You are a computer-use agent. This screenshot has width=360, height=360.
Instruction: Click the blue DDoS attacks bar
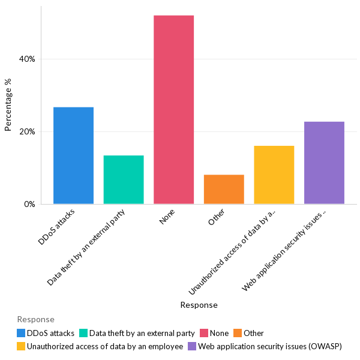pos(73,155)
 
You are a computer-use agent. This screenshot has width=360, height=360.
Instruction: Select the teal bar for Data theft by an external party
pos(124,179)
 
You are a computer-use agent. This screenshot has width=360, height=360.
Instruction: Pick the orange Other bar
pos(224,189)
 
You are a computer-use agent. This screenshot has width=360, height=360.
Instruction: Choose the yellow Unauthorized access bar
pos(274,175)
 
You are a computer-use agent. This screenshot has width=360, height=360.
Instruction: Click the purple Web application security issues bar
pos(324,163)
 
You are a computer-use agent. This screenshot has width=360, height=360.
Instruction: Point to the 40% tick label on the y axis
pos(27,59)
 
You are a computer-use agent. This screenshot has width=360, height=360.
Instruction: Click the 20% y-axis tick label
pos(27,132)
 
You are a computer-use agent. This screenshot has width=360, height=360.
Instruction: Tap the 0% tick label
pos(29,205)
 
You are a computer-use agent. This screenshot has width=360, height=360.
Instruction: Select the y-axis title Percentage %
pos(8,105)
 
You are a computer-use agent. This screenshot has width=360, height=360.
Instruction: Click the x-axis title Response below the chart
pos(199,305)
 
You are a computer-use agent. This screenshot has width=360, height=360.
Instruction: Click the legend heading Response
pos(35,319)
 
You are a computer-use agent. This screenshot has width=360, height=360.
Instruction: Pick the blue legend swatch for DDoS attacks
pos(22,333)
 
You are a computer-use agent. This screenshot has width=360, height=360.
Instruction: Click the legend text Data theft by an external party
pos(142,333)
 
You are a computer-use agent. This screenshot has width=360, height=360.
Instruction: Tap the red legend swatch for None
pos(205,333)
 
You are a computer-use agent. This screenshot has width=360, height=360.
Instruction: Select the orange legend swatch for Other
pos(238,333)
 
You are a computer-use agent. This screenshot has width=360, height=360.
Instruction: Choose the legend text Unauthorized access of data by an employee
pos(105,346)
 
